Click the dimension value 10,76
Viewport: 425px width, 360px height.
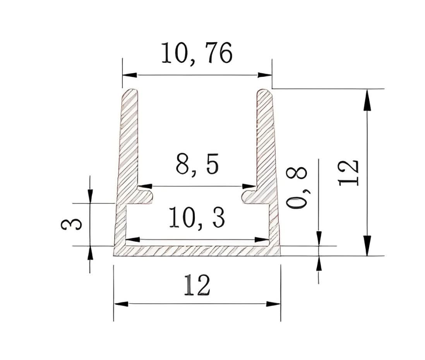(x=197, y=53)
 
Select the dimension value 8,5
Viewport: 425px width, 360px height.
(x=197, y=165)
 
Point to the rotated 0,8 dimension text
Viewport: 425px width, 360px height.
(x=298, y=188)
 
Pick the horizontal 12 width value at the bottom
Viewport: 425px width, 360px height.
(x=197, y=286)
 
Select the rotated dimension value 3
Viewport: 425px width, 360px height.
(x=72, y=224)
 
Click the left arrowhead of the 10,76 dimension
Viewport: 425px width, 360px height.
(x=129, y=75)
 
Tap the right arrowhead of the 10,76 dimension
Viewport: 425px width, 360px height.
(x=265, y=75)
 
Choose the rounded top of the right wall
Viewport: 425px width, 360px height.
(x=264, y=93)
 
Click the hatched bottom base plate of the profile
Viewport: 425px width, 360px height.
(x=197, y=251)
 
